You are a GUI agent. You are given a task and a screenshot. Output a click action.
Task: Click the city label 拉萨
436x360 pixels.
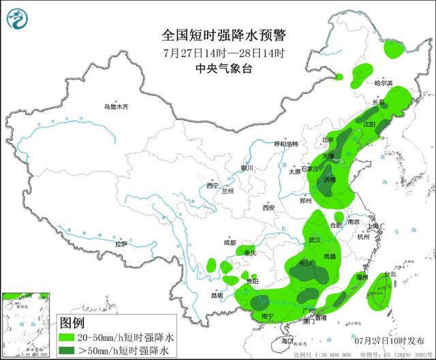(121, 243)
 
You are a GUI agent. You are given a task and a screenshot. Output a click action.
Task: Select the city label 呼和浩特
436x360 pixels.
(286, 144)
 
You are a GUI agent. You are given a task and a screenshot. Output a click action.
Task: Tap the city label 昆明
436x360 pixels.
(217, 296)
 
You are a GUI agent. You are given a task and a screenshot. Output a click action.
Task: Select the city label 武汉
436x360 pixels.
(314, 240)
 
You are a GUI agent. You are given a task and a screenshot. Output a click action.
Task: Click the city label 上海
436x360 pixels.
(372, 226)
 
